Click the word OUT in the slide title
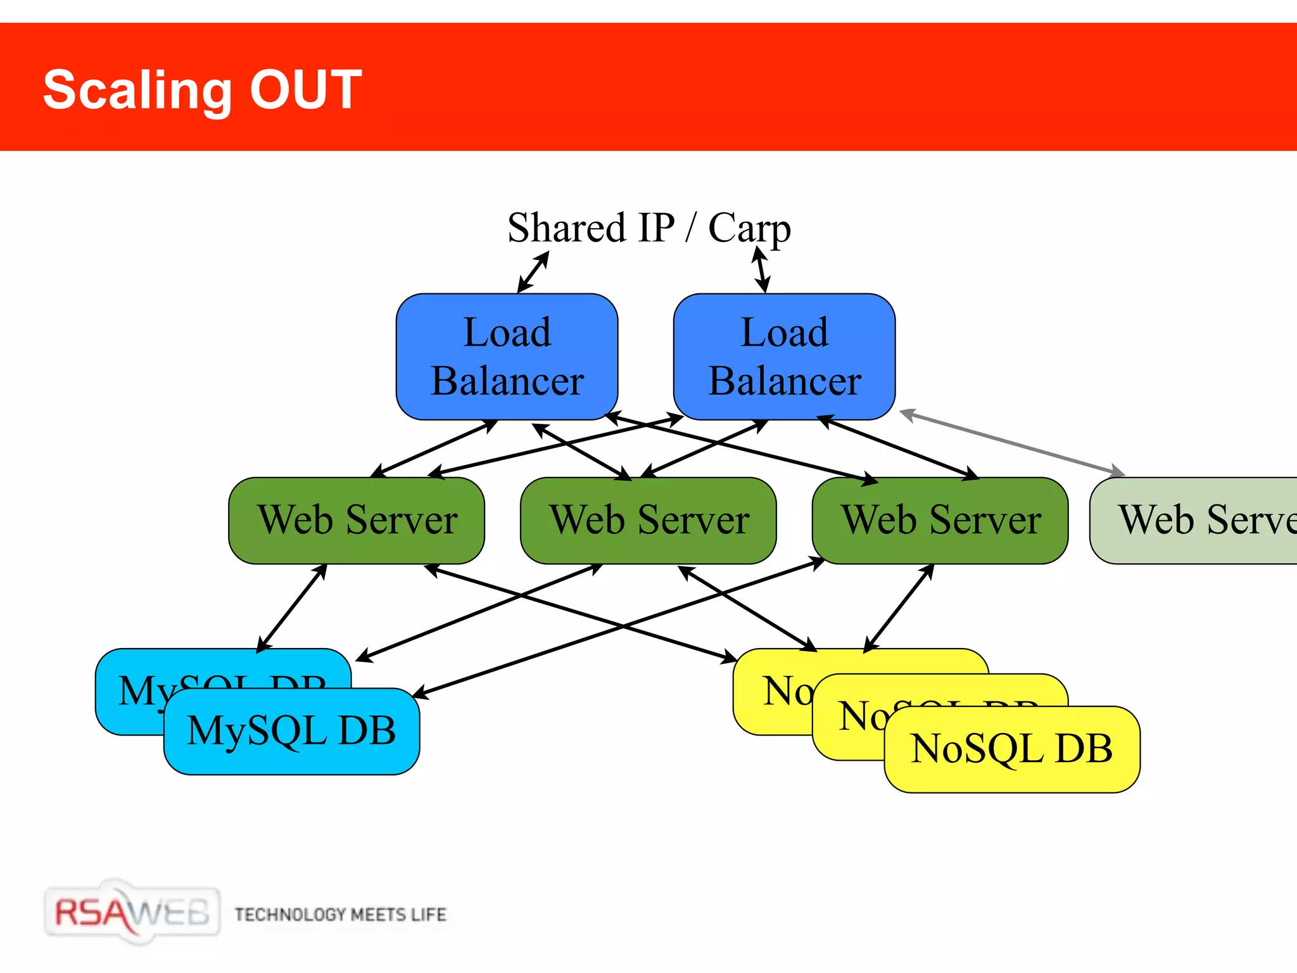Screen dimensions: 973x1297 pos(305,90)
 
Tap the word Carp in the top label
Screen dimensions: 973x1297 pos(749,228)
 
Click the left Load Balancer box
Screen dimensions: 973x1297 pos(507,357)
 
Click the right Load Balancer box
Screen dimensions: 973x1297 pos(784,357)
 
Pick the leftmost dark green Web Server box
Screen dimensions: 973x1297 pos(357,521)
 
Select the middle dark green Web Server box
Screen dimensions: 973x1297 pos(648,521)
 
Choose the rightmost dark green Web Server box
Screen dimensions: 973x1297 pos(940,521)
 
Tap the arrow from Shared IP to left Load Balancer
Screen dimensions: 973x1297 pos(533,272)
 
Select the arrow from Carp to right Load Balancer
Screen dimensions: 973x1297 pos(761,270)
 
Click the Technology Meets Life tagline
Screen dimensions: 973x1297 pos(340,915)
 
